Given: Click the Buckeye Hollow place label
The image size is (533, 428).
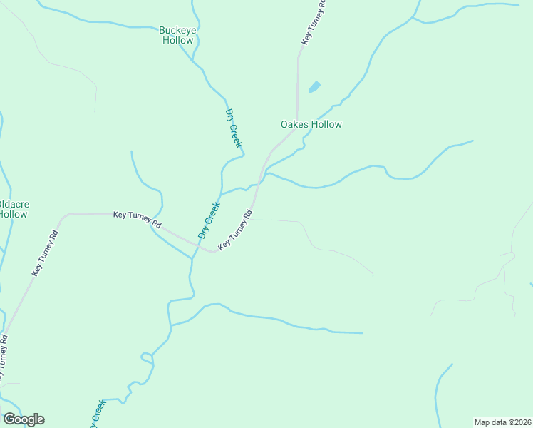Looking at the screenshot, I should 176,35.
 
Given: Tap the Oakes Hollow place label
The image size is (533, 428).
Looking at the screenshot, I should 311,124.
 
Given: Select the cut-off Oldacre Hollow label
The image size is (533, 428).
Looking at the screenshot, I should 12,209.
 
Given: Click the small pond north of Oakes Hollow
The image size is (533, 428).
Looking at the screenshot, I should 314,88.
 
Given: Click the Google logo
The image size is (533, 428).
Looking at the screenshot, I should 24,419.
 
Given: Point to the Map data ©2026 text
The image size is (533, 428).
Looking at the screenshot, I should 502,422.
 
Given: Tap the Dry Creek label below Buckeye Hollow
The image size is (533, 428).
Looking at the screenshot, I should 234,128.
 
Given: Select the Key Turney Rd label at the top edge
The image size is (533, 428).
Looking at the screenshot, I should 314,24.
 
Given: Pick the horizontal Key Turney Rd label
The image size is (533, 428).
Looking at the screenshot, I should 138,220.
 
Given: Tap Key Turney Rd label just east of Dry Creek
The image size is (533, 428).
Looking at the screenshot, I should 236,229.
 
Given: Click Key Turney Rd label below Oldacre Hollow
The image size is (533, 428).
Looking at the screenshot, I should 45,254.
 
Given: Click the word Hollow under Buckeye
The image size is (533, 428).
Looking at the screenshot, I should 177,41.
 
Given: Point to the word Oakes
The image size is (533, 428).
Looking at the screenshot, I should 294,124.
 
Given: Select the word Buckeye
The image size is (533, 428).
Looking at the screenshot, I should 176,30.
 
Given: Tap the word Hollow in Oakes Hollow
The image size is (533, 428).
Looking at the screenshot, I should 326,124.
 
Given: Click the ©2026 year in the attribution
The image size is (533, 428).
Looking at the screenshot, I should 518,422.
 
